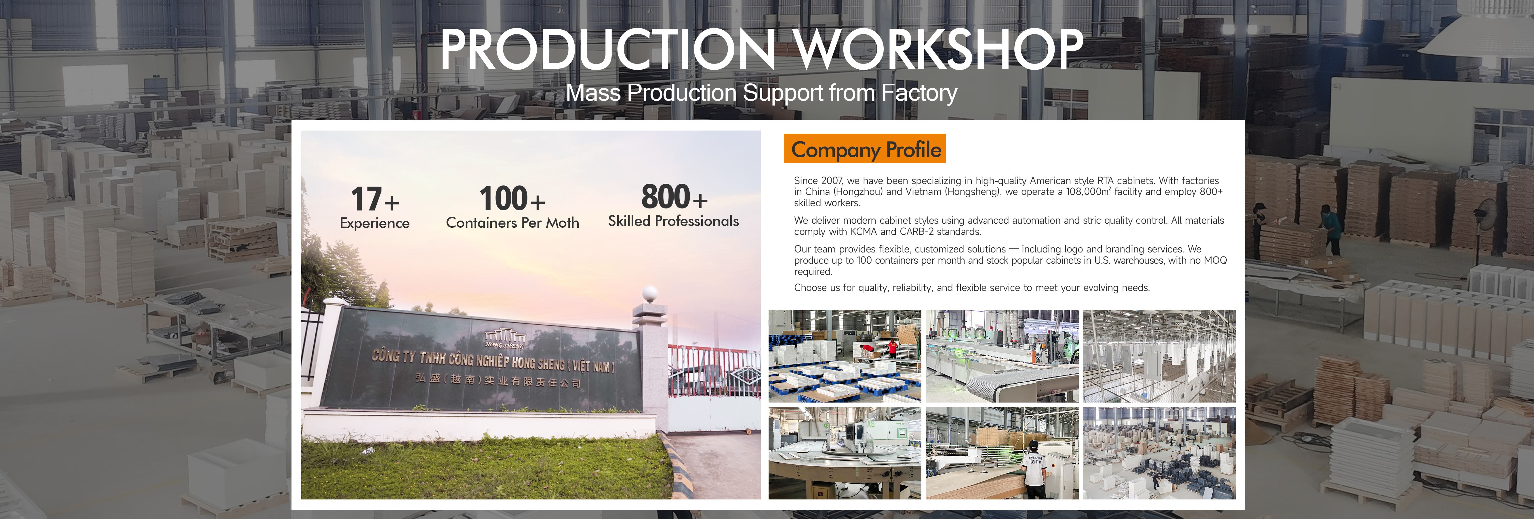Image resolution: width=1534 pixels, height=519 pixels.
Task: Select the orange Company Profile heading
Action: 865,149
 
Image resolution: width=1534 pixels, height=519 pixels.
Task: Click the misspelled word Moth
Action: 563,223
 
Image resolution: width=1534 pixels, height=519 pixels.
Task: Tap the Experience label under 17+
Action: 375,223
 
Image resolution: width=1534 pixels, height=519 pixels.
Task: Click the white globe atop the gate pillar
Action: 650,293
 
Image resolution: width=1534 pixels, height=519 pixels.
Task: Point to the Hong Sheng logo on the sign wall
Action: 504,338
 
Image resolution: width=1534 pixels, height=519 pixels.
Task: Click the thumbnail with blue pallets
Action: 845,356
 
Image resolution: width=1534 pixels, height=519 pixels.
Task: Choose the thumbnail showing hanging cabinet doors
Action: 1159,356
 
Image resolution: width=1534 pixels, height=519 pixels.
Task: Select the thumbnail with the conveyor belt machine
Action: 1002,356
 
